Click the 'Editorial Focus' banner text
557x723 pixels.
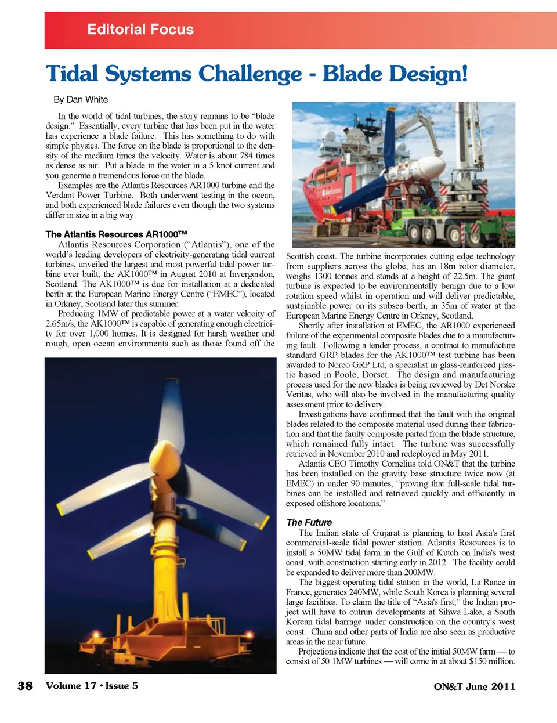(x=140, y=30)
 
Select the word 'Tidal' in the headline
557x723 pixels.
(x=72, y=74)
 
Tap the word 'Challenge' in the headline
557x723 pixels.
(x=250, y=74)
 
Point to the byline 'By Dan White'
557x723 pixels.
(x=81, y=99)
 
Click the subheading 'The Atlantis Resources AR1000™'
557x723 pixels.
(x=116, y=234)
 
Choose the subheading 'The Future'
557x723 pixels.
(x=309, y=522)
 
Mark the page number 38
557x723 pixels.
(x=26, y=686)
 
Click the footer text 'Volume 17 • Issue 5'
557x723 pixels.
(x=92, y=686)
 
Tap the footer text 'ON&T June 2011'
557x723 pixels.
(x=474, y=686)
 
